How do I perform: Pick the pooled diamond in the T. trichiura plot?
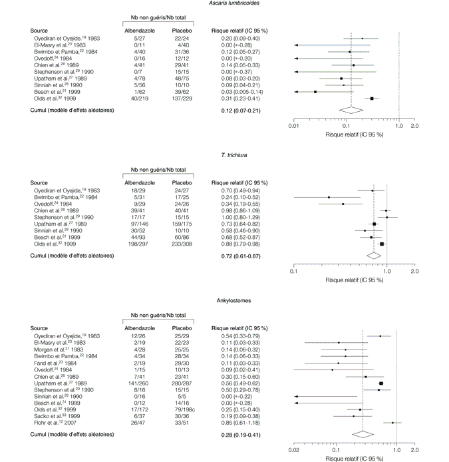374,254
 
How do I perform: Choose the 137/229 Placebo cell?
182,99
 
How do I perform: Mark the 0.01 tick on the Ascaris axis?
293,126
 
